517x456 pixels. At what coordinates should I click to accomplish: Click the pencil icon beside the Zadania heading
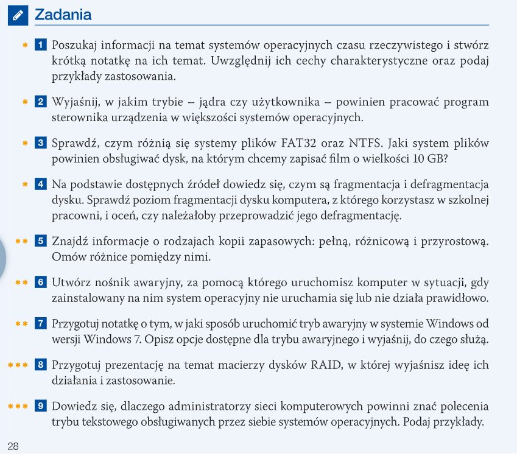18,15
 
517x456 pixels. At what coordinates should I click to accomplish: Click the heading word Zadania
63,15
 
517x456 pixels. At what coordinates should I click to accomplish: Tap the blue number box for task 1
41,45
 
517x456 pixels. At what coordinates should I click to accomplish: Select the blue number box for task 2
41,101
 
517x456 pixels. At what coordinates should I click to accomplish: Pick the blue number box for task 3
41,143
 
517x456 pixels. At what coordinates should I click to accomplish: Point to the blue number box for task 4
41,184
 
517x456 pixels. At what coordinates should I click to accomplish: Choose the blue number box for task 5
41,240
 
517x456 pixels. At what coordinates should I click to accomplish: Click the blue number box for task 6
41,282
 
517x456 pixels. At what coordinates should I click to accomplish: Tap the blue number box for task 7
41,323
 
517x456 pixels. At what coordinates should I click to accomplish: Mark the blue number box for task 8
41,365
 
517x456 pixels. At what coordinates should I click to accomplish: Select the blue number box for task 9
41,406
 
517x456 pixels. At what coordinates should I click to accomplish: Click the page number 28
13,446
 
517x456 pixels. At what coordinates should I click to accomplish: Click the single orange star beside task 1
25,45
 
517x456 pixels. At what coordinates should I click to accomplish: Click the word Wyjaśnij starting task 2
75,101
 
